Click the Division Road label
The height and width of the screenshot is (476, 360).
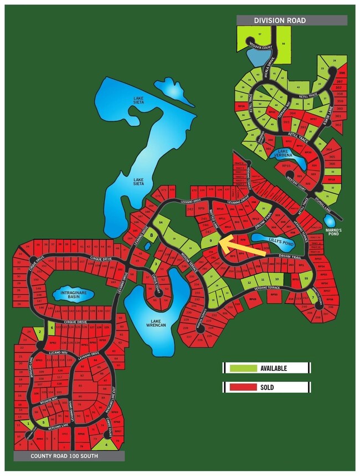(280, 21)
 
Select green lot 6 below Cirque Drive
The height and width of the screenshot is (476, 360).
(52, 328)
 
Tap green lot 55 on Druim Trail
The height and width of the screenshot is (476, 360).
(306, 278)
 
